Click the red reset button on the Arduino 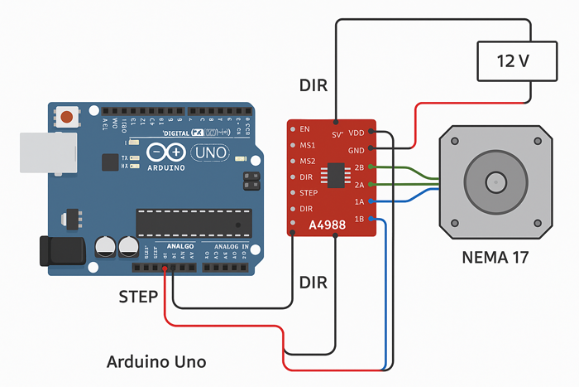[66, 117]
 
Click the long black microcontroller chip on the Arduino [194, 222]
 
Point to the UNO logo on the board [210, 152]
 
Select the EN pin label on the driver [304, 129]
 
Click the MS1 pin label [307, 145]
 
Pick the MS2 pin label [307, 161]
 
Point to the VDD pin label [356, 133]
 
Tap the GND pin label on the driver [356, 150]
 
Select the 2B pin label [359, 167]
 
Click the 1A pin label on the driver [359, 201]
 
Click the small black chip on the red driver [336, 176]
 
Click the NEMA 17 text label [495, 259]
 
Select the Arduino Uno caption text [156, 362]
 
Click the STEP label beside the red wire [138, 296]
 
